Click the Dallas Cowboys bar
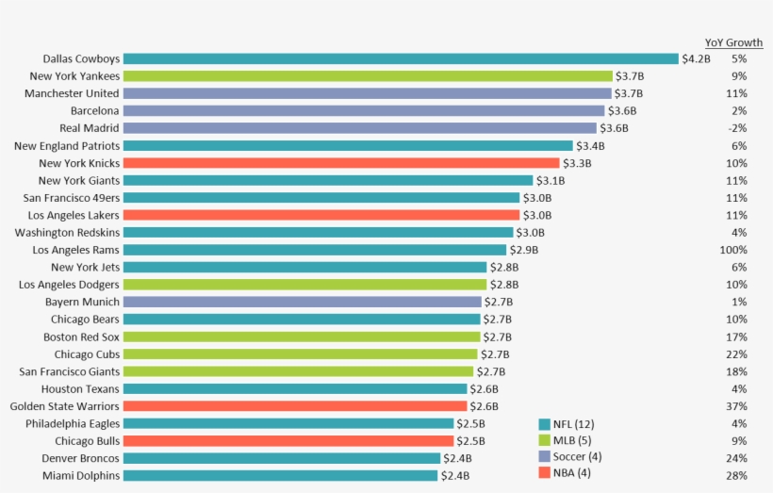(x=401, y=58)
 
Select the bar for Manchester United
(x=367, y=93)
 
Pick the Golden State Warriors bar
(x=295, y=406)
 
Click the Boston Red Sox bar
(x=302, y=337)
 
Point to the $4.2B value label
(x=697, y=58)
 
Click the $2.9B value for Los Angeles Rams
(x=524, y=250)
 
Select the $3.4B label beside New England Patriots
(x=590, y=146)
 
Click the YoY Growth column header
(x=733, y=42)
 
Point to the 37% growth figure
(x=736, y=406)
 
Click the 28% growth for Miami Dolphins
(x=736, y=475)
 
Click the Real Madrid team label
(x=90, y=128)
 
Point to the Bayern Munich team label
(x=82, y=302)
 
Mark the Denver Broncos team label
(x=80, y=458)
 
